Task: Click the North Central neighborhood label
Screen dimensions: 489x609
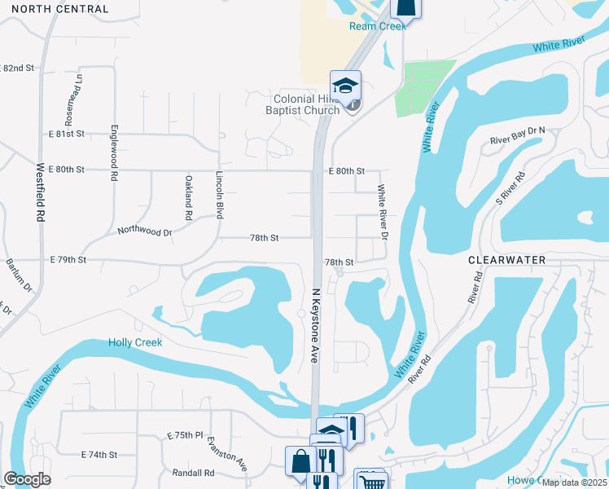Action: [x=60, y=9]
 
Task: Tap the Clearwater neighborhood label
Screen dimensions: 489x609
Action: [x=506, y=259]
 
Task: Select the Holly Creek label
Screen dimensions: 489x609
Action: [x=135, y=342]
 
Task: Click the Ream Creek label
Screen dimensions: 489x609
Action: [x=377, y=26]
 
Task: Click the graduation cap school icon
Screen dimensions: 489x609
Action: [x=345, y=84]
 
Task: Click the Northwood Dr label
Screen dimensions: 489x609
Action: [x=145, y=232]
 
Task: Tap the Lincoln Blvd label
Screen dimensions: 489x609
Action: [x=219, y=195]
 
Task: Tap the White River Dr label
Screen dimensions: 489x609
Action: [x=381, y=212]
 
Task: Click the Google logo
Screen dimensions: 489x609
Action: [x=27, y=479]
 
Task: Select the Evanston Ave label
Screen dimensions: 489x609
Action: [x=239, y=453]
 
